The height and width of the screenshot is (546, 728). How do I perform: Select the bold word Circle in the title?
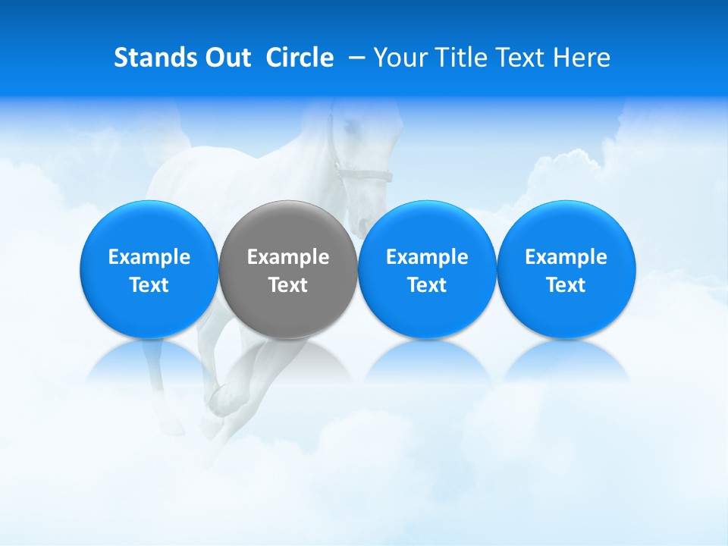click(300, 58)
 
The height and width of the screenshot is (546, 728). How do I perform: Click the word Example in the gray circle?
click(288, 257)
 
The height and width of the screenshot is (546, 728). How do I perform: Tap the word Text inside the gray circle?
click(288, 285)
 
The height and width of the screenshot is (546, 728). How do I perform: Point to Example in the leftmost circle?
click(149, 257)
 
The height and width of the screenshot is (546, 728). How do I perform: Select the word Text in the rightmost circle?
click(566, 285)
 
